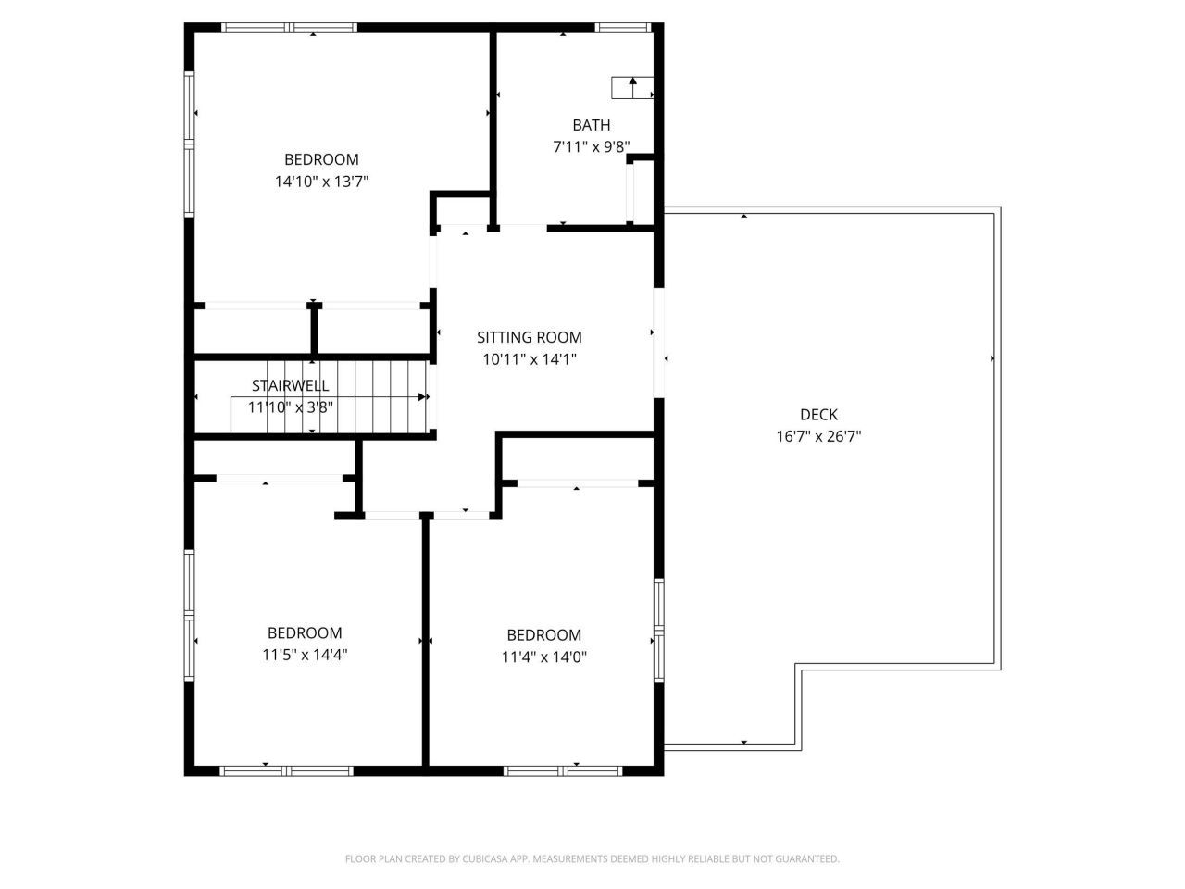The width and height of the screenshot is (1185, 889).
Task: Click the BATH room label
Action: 591,125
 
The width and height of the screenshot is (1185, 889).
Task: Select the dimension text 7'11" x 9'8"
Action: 591,146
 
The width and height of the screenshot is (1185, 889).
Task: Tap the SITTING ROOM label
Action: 530,337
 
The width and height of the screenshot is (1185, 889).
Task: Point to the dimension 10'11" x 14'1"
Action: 530,359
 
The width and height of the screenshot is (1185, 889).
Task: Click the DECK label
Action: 818,415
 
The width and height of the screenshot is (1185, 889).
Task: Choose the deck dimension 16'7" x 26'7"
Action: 818,436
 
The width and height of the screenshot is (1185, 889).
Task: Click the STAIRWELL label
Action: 290,385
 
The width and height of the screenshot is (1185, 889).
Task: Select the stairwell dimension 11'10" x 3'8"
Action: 290,407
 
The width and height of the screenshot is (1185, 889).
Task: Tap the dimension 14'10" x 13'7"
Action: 321,182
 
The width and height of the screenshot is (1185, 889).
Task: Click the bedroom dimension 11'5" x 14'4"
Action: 305,655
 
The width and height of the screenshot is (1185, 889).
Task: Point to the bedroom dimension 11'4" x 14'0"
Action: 544,657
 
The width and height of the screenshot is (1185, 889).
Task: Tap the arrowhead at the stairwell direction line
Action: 424,397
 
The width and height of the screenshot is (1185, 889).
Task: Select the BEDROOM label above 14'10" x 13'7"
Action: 321,159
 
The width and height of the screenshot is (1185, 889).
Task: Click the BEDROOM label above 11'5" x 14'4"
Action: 305,633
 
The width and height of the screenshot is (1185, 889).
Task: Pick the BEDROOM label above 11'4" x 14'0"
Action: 544,635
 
